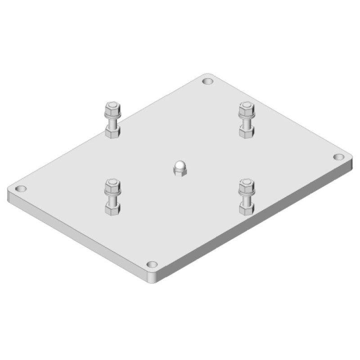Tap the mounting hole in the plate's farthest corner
[x=207, y=82]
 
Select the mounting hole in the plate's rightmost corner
[x=338, y=157]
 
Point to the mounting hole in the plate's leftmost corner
[x=21, y=188]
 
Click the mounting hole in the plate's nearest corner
[x=152, y=264]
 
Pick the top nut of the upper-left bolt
[x=112, y=109]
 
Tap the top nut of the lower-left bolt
[x=112, y=185]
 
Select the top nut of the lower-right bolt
[x=246, y=185]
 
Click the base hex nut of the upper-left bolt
[x=112, y=132]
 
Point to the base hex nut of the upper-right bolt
[x=246, y=132]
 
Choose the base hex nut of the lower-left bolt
[x=112, y=209]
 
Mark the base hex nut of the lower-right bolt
[x=246, y=209]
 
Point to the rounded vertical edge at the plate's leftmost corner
[x=10, y=195]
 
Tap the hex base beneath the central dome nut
[x=180, y=172]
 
